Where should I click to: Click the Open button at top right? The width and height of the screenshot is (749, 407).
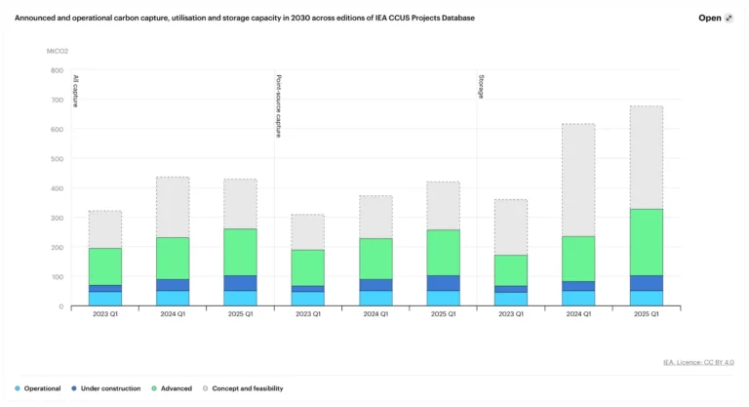point(715,18)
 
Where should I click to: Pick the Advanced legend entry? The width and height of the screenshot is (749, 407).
point(177,388)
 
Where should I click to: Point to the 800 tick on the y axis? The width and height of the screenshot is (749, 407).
point(56,70)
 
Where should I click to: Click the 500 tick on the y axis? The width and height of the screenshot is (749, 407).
point(56,159)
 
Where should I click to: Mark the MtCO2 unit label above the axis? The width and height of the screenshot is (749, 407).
point(58,50)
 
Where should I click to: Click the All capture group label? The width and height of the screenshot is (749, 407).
point(76,91)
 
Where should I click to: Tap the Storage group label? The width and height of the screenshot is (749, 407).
point(481,87)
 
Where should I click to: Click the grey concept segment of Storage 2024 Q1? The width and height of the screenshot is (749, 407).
point(578,180)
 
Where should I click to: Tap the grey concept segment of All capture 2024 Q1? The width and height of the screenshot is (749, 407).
point(173,207)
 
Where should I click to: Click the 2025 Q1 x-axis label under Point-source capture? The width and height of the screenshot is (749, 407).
point(443,314)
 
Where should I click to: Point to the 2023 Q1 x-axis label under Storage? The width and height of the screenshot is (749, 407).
point(510,314)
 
